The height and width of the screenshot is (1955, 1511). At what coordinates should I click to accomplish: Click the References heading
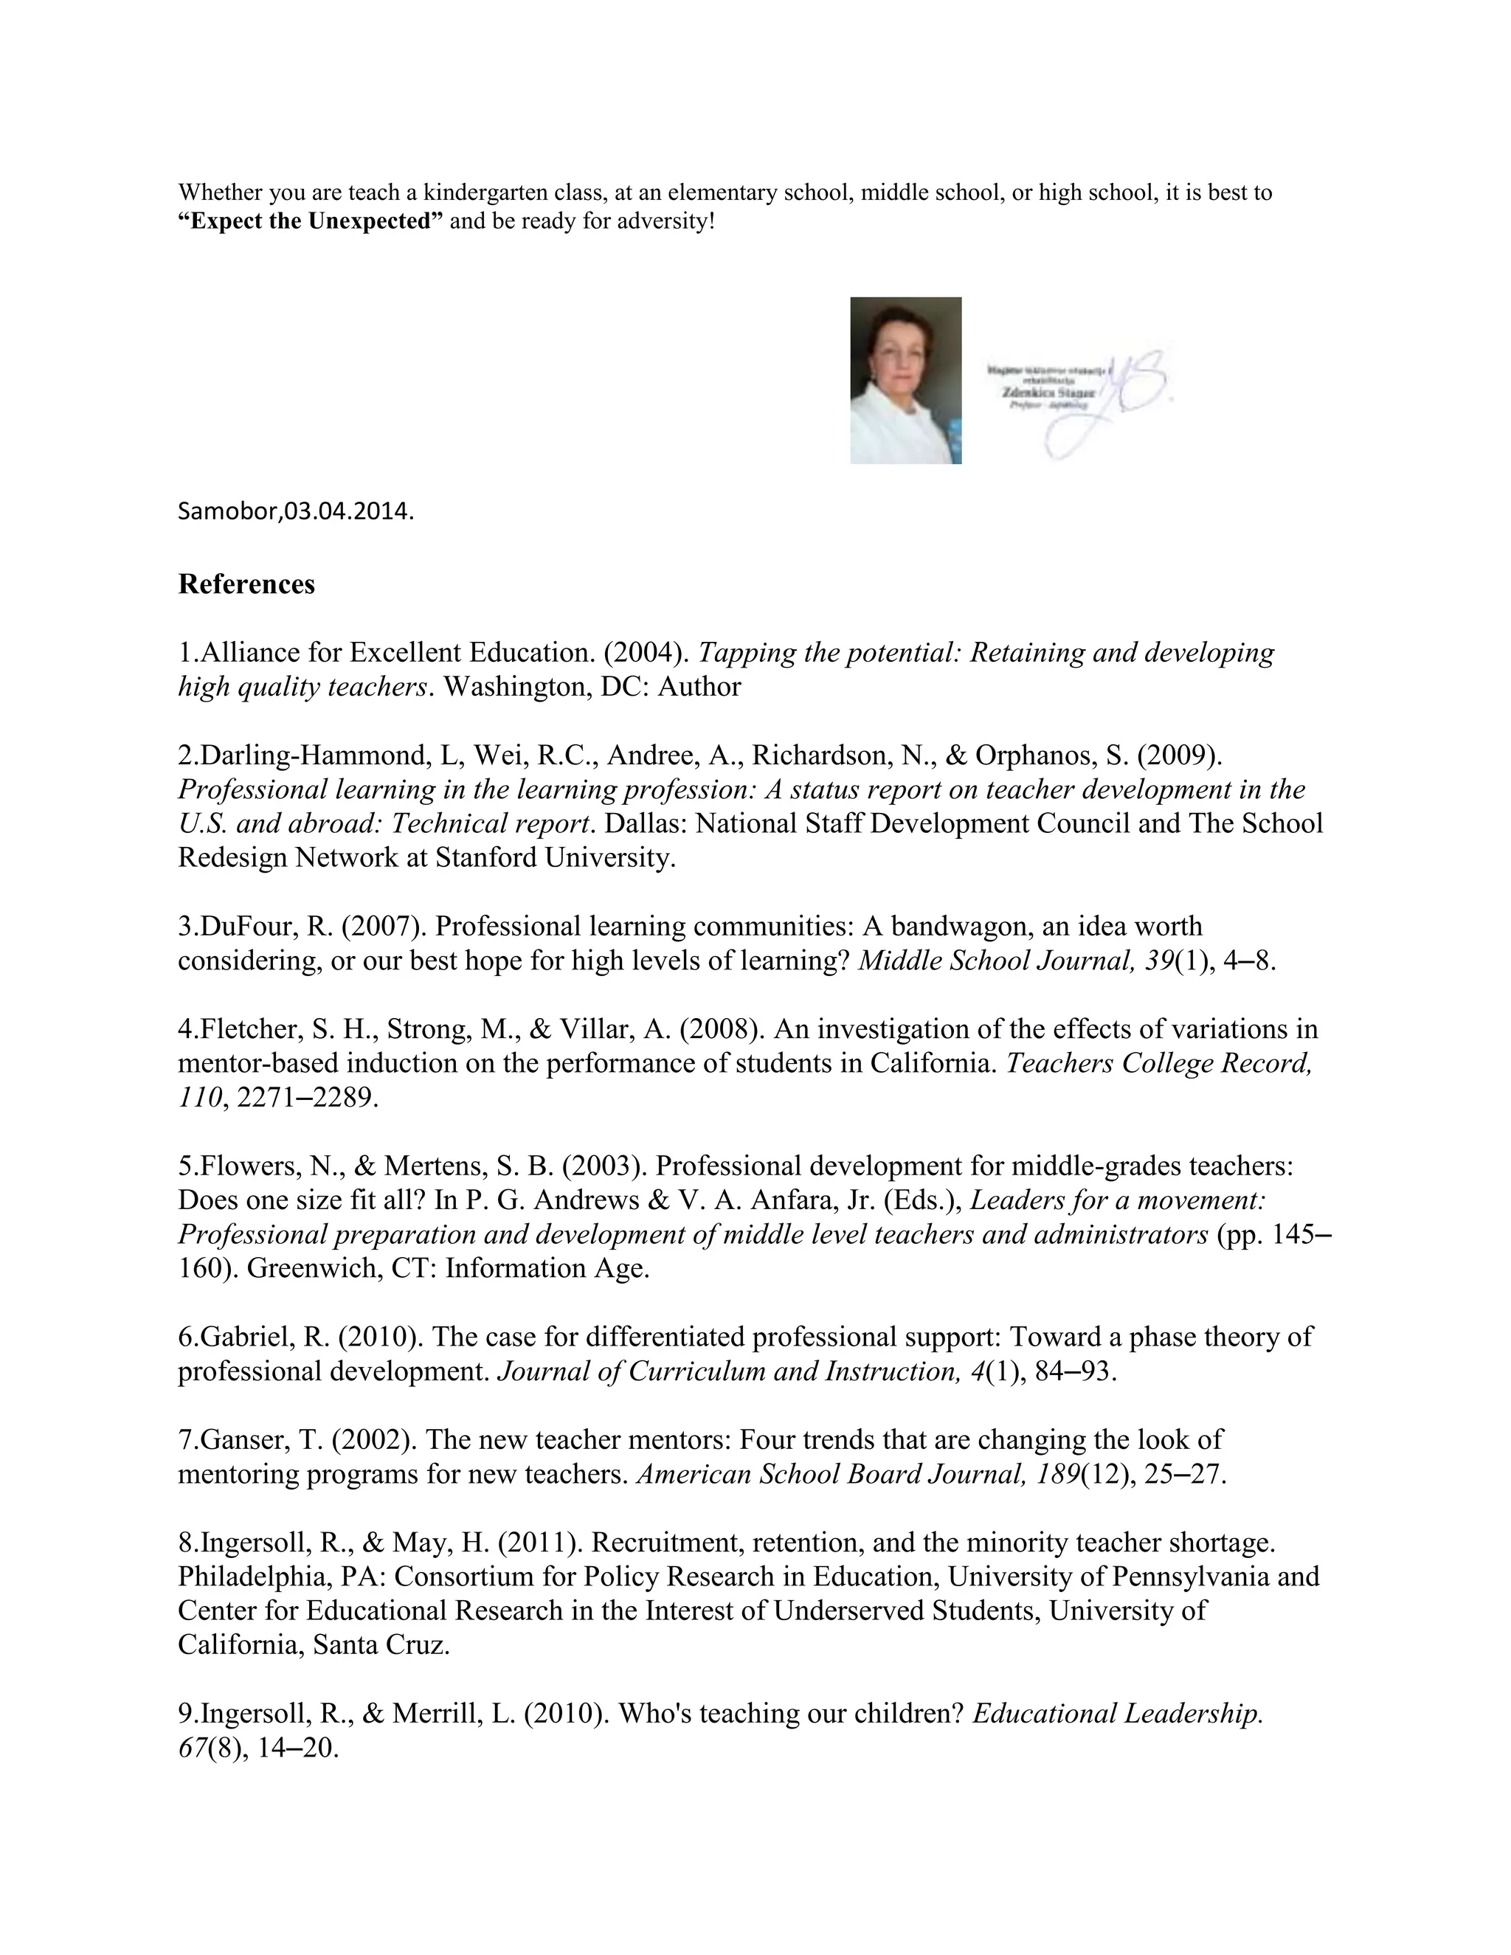click(x=246, y=584)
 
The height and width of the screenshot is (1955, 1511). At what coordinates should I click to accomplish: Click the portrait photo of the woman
click(x=905, y=381)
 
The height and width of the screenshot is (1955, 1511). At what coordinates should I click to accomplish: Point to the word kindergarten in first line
click(x=479, y=193)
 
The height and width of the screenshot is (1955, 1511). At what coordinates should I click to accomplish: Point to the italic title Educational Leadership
click(x=1117, y=1713)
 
